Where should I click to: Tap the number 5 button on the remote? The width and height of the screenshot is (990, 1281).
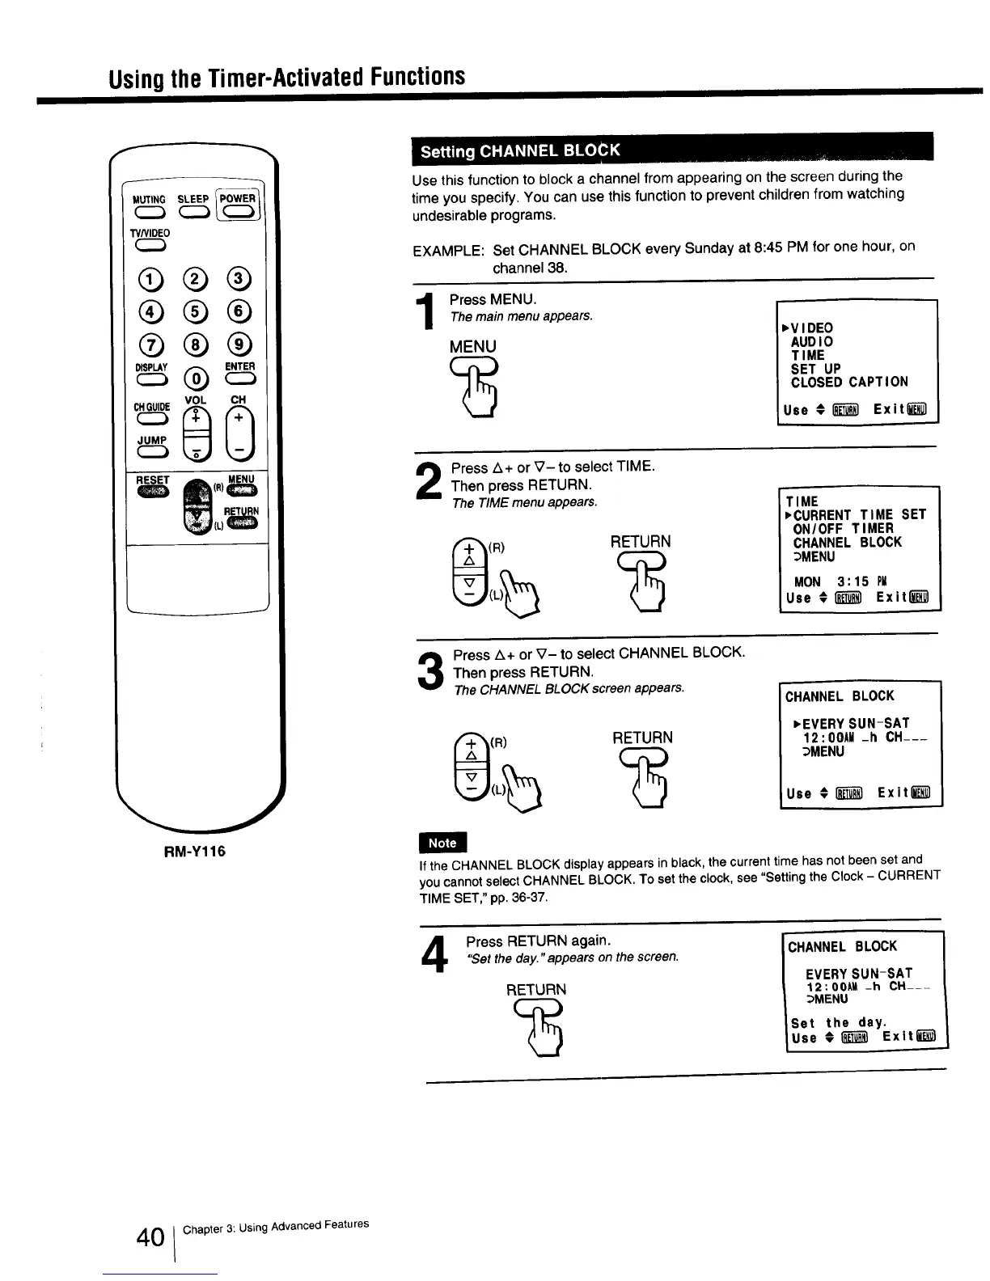[x=194, y=311]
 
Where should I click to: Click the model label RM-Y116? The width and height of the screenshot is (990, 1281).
[x=193, y=852]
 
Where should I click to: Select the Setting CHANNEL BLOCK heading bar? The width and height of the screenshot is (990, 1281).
[x=672, y=150]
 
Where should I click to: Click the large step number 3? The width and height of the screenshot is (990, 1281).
[x=432, y=672]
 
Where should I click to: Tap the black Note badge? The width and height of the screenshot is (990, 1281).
[x=442, y=843]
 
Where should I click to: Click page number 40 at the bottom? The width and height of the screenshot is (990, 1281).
[x=150, y=1237]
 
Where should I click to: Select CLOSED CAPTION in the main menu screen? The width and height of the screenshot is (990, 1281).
[x=848, y=382]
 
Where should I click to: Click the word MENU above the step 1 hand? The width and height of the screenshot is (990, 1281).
[x=473, y=347]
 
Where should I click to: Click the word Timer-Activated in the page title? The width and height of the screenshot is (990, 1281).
[x=277, y=77]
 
